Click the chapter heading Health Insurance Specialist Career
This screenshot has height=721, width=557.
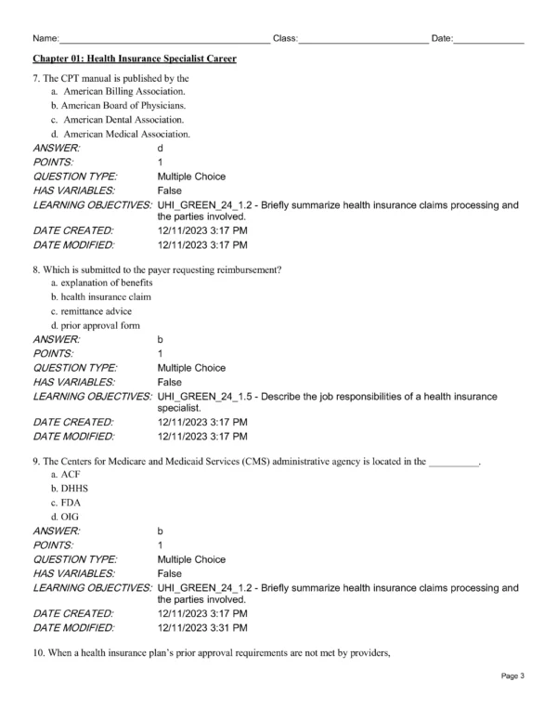135,59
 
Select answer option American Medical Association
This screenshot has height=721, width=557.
127,135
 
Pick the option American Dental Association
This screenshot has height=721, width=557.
123,120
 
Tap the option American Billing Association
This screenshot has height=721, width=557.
124,92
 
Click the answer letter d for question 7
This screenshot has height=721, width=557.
161,149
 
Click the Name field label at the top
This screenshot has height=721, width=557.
45,38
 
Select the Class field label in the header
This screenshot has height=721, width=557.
284,38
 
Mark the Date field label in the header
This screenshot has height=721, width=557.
442,38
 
